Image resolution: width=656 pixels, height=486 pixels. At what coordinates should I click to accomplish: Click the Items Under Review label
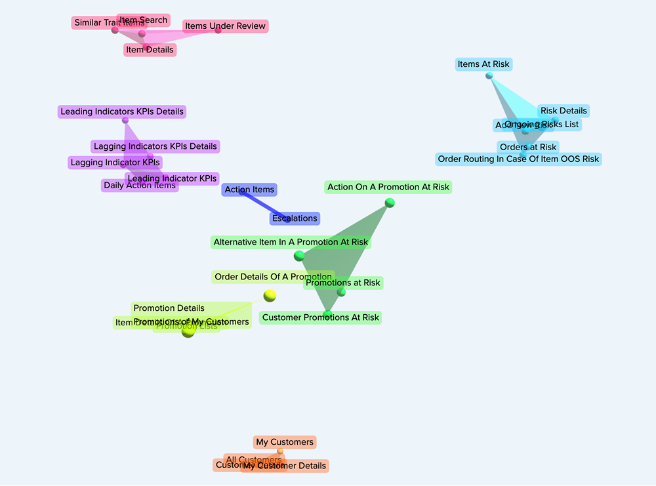pos(225,26)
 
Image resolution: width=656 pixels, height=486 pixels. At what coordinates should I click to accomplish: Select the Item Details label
pos(150,50)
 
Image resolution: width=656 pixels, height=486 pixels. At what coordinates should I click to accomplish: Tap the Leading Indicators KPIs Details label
pos(122,112)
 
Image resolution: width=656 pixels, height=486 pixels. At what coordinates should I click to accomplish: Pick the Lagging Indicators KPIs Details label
pos(155,146)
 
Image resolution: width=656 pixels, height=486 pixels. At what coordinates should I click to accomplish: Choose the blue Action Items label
pos(249,190)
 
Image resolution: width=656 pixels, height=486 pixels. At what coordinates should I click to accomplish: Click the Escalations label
pos(295,218)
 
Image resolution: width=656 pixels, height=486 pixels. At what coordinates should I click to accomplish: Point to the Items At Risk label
pos(483,64)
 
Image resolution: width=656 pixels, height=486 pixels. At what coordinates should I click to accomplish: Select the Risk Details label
pos(564,111)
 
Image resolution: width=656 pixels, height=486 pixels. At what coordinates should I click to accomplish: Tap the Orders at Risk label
pos(528,147)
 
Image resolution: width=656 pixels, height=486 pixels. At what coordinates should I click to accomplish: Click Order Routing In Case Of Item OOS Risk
pos(518,159)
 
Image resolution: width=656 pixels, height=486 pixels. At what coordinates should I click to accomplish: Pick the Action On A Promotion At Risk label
pos(388,188)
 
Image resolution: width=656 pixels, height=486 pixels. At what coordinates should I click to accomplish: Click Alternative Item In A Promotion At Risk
pos(291,242)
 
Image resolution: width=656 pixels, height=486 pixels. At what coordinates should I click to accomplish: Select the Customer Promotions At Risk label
pos(320,317)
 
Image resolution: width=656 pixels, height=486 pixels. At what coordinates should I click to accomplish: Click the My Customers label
pos(285,443)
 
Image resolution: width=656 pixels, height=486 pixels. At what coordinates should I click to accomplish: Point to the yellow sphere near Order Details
pos(270,296)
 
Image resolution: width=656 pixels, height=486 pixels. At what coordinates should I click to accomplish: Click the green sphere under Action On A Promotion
pos(390,203)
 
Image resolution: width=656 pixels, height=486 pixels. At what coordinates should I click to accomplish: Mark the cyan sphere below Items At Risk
pos(489,75)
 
